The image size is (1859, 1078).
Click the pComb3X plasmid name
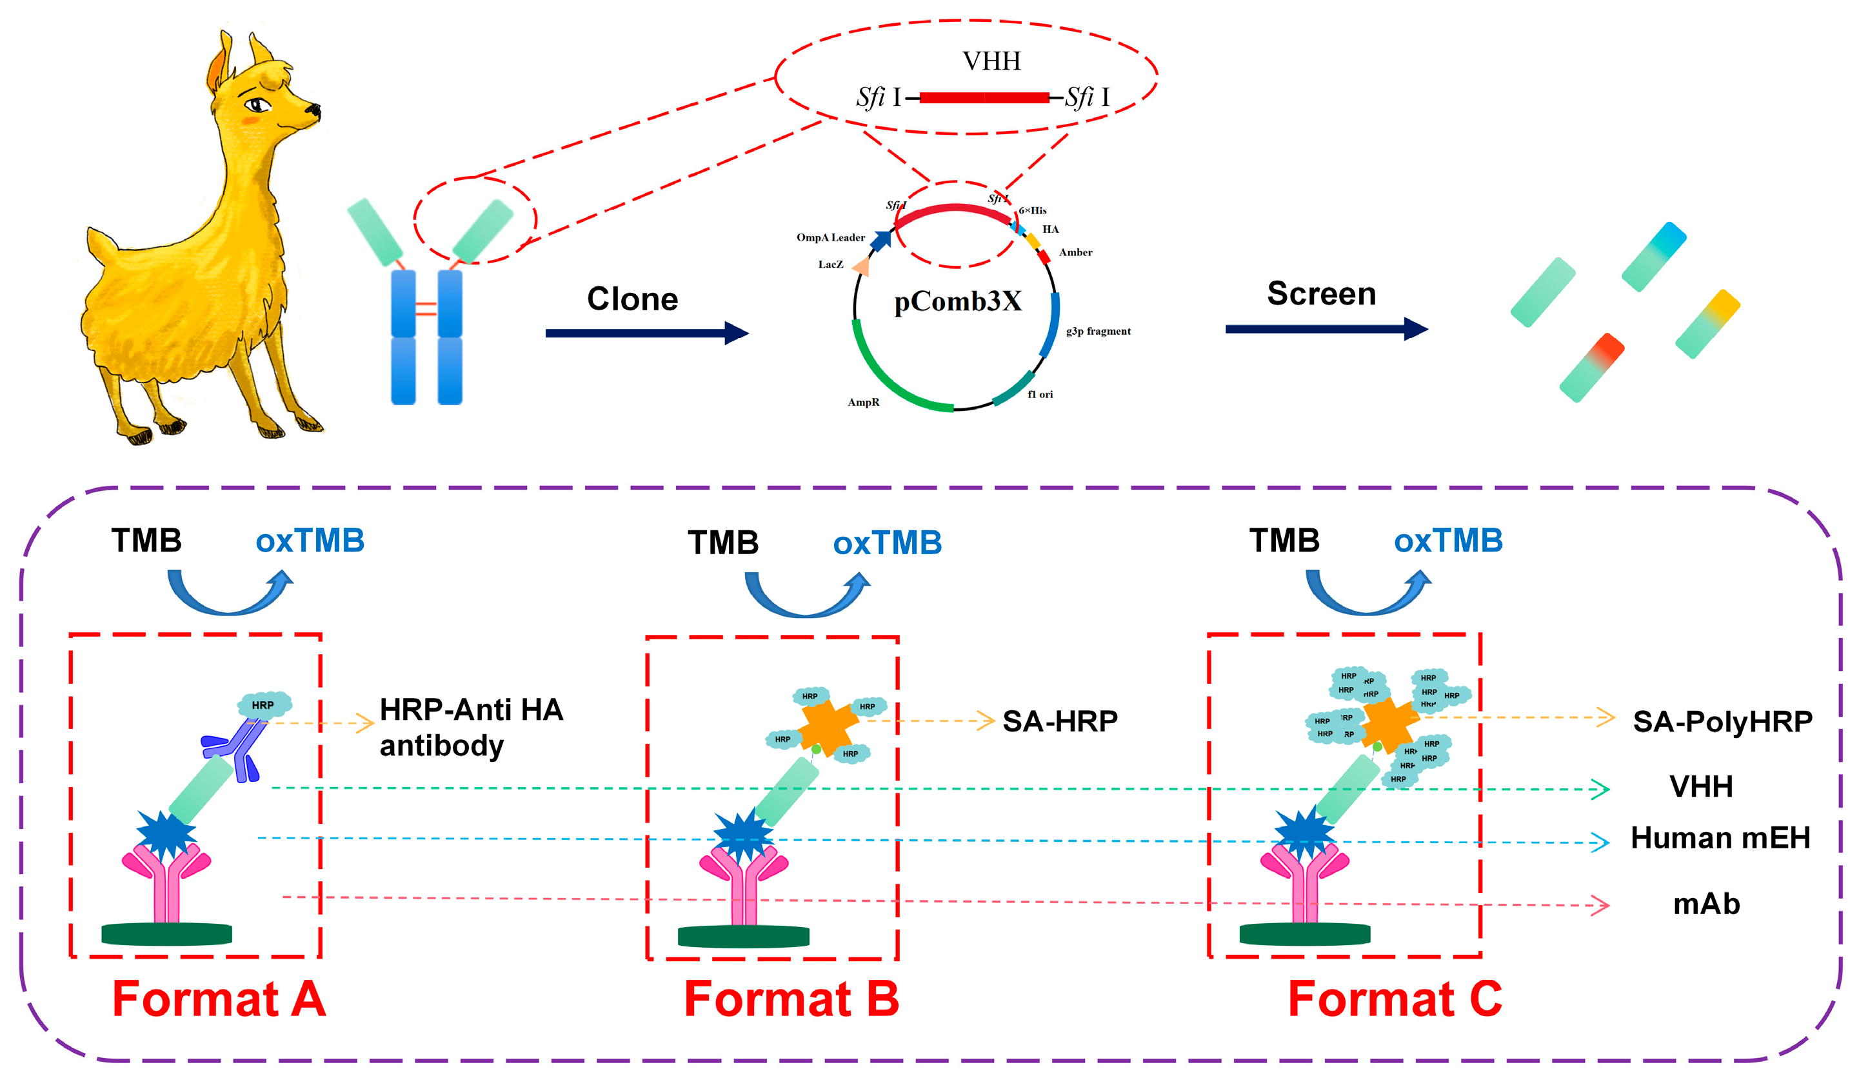[x=957, y=302]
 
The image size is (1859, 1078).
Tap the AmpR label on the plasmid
[x=863, y=402]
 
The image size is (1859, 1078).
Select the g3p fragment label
[x=1098, y=332]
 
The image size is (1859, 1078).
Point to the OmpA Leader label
[x=830, y=237]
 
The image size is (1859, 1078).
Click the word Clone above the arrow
[x=632, y=299]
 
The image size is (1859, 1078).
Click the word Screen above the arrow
[x=1321, y=294]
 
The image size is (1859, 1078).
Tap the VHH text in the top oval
[x=991, y=61]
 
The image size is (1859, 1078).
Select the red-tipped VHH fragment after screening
[x=1591, y=368]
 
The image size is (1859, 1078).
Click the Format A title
[x=219, y=999]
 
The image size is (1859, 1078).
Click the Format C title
[x=1395, y=999]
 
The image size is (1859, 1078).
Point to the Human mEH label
[x=1720, y=837]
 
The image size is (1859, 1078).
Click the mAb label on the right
[x=1705, y=904]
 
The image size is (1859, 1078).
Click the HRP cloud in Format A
[x=264, y=704]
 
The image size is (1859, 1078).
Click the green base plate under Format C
[x=1304, y=934]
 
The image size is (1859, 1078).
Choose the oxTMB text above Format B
[x=887, y=543]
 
